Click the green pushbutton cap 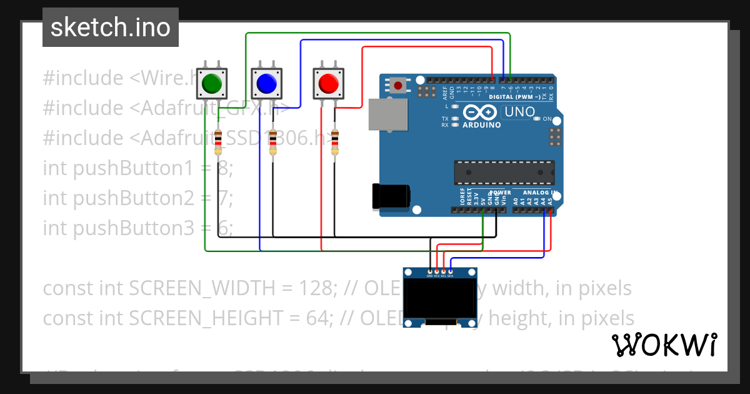(x=211, y=83)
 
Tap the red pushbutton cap (x=328, y=83)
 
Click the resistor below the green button (x=217, y=142)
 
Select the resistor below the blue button (x=273, y=142)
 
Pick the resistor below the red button (x=335, y=142)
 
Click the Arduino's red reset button (x=397, y=84)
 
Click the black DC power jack (x=391, y=196)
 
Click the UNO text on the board (x=519, y=113)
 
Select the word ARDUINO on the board (x=481, y=125)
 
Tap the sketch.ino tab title (x=111, y=28)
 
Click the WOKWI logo (x=664, y=345)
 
